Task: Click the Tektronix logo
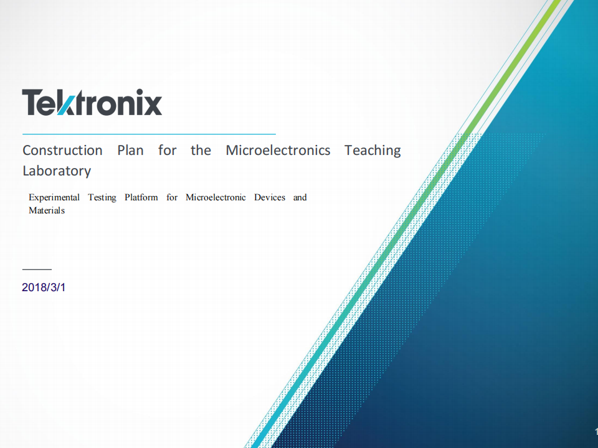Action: click(92, 102)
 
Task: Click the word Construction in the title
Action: click(62, 151)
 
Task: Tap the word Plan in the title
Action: click(130, 151)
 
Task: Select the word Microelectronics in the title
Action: click(278, 151)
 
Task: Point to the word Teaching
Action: click(373, 151)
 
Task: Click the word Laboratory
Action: click(57, 172)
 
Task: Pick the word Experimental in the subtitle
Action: click(54, 198)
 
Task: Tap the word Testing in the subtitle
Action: click(102, 198)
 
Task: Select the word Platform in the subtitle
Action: click(141, 197)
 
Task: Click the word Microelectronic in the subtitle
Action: click(216, 197)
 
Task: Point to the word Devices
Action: click(270, 197)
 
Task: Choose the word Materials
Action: click(47, 210)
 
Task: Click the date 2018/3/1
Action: click(44, 287)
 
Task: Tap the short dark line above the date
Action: click(37, 269)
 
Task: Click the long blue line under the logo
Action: click(149, 134)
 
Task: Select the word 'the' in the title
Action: click(201, 151)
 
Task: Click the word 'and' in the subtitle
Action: click(300, 197)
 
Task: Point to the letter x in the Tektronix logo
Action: click(153, 106)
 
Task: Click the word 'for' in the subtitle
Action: click(172, 197)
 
